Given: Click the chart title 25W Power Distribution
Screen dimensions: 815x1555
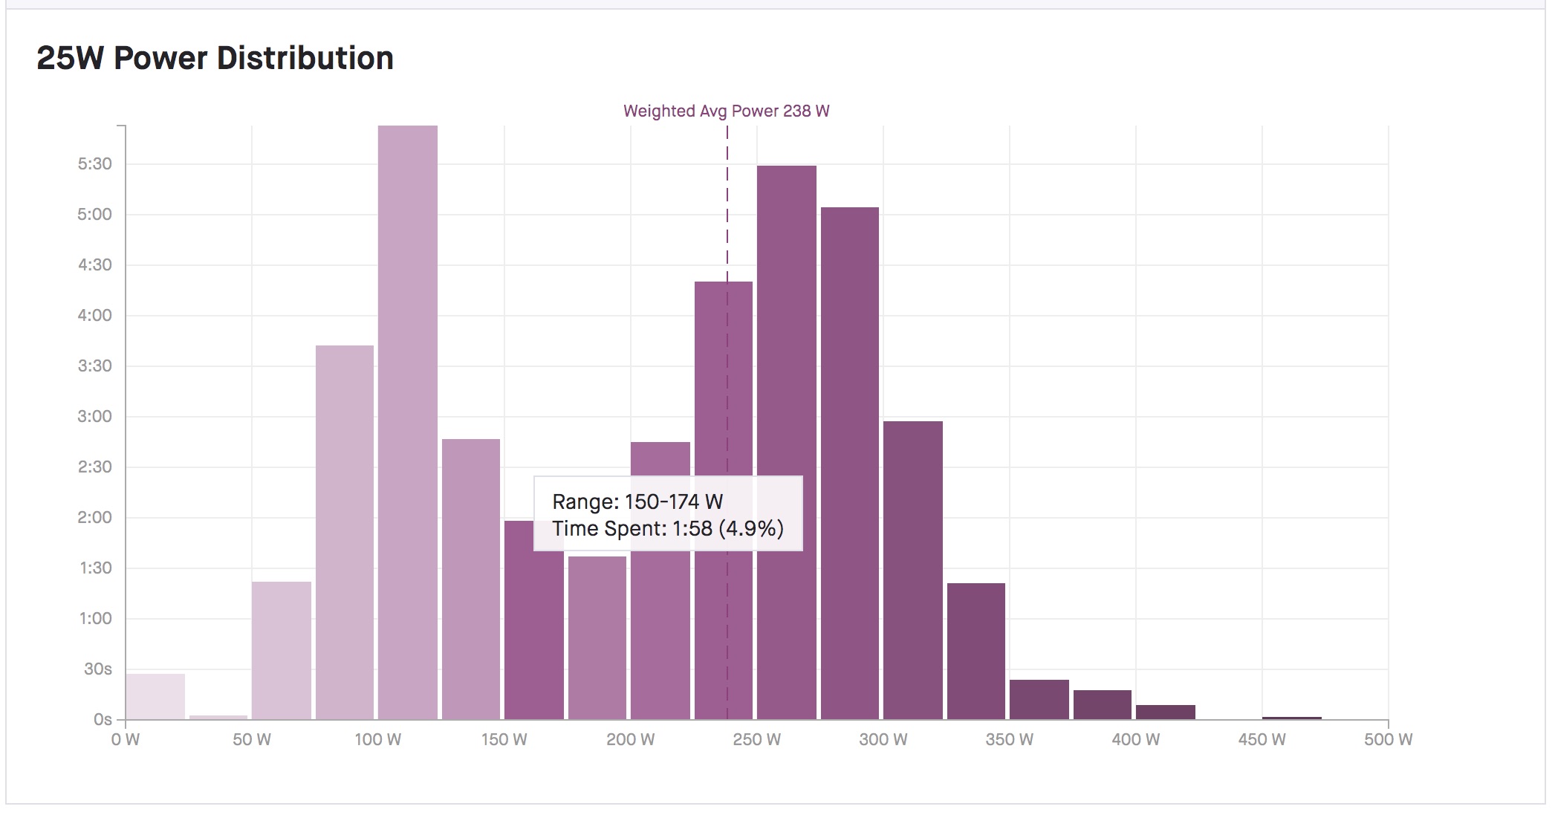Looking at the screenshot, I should (x=215, y=58).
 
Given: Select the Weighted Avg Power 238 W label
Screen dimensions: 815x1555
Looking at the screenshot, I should (x=726, y=111).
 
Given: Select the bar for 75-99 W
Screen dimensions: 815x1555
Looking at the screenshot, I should (x=344, y=532).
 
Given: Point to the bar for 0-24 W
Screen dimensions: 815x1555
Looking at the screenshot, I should (x=155, y=696).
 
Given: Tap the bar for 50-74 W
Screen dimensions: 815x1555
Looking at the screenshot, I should (x=281, y=650).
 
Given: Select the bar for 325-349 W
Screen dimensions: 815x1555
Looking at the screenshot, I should (x=975, y=651).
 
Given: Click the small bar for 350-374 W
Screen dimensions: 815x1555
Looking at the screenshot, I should (x=1039, y=699).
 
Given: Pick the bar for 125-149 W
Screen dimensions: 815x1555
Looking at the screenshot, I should (x=470, y=579).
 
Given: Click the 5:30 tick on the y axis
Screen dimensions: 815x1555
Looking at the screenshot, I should (x=95, y=163).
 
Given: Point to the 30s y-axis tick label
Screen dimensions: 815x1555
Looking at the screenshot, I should (x=97, y=669).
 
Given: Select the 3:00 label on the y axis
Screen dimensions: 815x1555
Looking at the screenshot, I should (x=95, y=416).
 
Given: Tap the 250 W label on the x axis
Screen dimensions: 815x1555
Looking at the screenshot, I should (x=756, y=739).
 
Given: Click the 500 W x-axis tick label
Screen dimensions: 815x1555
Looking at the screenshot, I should (x=1387, y=739).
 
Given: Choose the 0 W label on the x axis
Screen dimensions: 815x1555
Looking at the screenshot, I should (x=126, y=739).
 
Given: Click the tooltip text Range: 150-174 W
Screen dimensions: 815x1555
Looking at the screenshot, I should (x=637, y=501).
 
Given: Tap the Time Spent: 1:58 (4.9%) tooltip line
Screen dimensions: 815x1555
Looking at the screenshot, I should (x=667, y=528).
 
